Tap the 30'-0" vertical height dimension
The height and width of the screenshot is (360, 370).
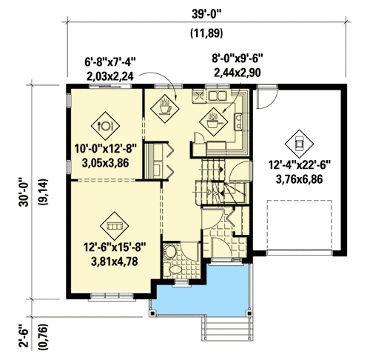pyautogui.click(x=25, y=188)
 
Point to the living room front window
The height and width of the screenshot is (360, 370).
pyautogui.click(x=110, y=297)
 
